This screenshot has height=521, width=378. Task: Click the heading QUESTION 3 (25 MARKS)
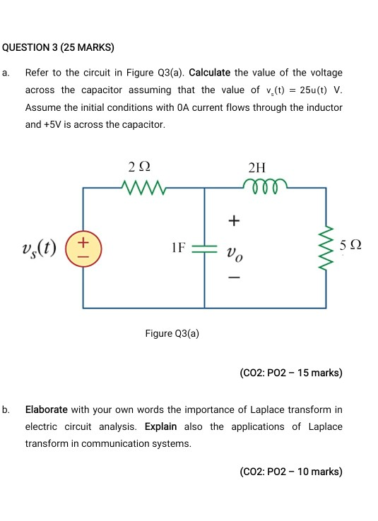pyautogui.click(x=59, y=48)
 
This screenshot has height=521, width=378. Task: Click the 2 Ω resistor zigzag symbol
pyautogui.click(x=145, y=188)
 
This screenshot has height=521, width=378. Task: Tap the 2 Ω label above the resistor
pyautogui.click(x=140, y=167)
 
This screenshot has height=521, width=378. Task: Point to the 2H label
pyautogui.click(x=259, y=167)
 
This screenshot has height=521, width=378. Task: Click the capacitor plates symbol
pyautogui.click(x=205, y=248)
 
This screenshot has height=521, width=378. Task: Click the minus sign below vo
pyautogui.click(x=232, y=280)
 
